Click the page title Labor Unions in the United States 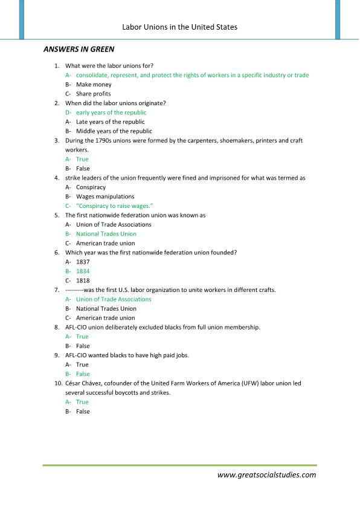[179, 27]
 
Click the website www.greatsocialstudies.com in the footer [266, 475]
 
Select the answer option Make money [94, 85]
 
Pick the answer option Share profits [94, 94]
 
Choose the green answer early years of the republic [111, 112]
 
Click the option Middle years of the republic [114, 131]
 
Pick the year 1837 [82, 262]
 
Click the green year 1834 [82, 271]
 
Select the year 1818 [82, 280]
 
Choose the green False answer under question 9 [83, 374]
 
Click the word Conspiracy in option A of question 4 [91, 187]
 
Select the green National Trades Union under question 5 [106, 234]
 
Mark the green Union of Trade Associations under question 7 [114, 299]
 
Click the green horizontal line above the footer [179, 465]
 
